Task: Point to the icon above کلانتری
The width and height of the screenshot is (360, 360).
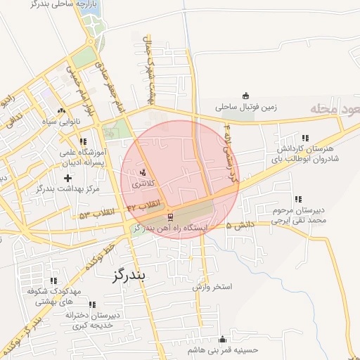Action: (143, 172)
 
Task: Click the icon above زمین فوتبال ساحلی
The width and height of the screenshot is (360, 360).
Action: (245, 96)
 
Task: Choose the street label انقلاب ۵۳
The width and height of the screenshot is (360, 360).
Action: (96, 213)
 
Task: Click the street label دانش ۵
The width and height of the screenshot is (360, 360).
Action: (241, 225)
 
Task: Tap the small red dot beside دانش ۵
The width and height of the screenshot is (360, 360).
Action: (229, 226)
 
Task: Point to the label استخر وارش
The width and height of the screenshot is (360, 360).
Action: (212, 288)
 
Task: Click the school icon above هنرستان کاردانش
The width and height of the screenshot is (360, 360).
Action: (304, 138)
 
